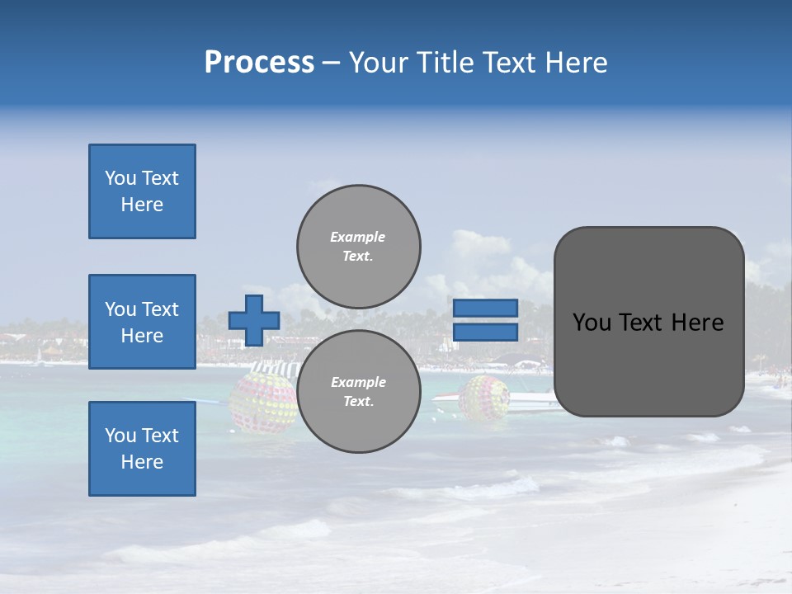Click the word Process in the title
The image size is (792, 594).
pyautogui.click(x=259, y=63)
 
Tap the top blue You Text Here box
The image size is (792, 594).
pyautogui.click(x=142, y=191)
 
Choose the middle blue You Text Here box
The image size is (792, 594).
pyautogui.click(x=142, y=322)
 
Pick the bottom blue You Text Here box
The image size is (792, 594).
pyautogui.click(x=142, y=449)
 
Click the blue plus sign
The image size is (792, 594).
pyautogui.click(x=254, y=320)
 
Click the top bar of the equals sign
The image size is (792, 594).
pyautogui.click(x=485, y=309)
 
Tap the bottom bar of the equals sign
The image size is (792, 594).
pyautogui.click(x=485, y=332)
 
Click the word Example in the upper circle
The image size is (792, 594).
pyautogui.click(x=357, y=237)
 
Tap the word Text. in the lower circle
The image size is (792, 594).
pyautogui.click(x=357, y=401)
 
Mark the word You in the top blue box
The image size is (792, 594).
pyautogui.click(x=120, y=178)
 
